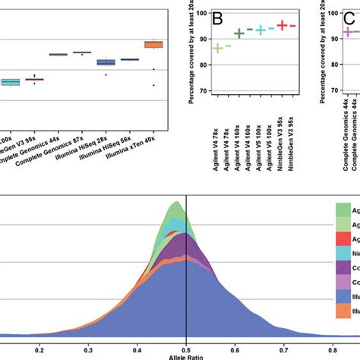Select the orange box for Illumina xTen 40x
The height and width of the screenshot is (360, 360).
click(154, 45)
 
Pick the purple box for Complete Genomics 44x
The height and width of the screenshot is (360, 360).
click(58, 55)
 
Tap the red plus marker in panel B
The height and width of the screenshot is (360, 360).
click(281, 25)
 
